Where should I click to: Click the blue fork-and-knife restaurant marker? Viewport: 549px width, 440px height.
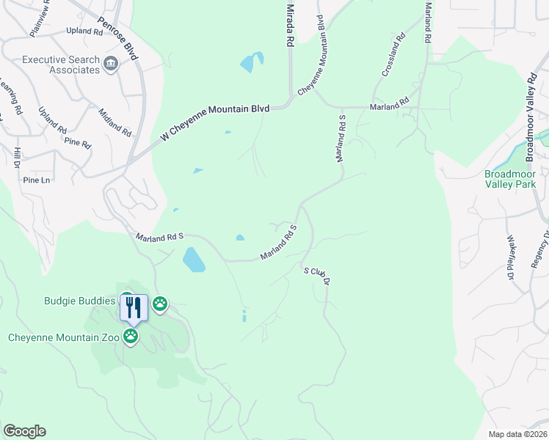134,307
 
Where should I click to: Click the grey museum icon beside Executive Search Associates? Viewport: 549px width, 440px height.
112,65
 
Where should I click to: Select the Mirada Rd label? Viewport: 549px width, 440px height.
290,24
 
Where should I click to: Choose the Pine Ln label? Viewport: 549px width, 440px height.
37,180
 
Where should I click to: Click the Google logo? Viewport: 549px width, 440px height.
24,430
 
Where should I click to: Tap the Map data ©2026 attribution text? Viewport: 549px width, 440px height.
517,434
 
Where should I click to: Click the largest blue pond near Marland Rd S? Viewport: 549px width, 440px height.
193,260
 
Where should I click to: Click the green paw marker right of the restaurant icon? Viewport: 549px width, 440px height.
160,303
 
